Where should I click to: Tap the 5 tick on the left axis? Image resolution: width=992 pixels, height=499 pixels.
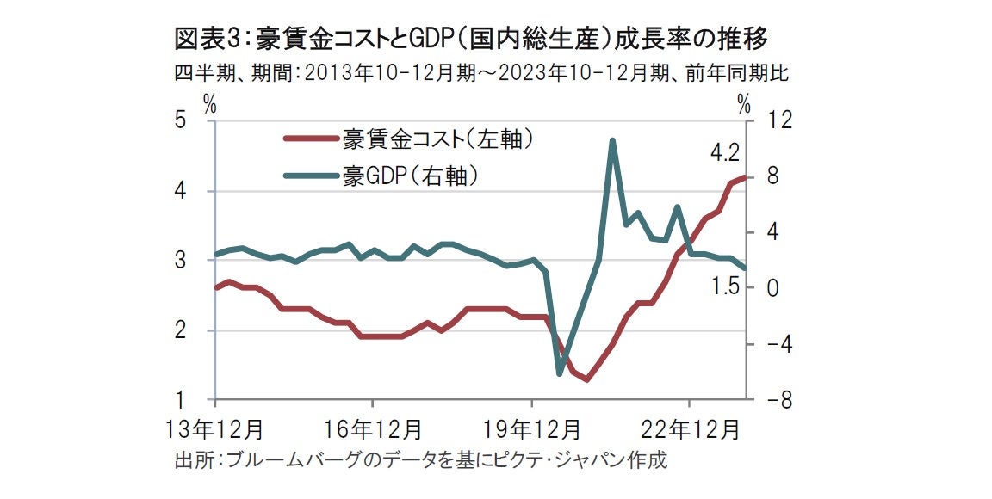pos(181,121)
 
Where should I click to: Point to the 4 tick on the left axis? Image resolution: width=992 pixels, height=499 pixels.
pos(181,191)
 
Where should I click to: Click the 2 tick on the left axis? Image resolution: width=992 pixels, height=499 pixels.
pos(181,331)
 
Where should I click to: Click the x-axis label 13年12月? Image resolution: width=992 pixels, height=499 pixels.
pos(214,428)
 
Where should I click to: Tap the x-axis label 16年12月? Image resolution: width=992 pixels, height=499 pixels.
pos(372,428)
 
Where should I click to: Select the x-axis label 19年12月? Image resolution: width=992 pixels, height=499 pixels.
pos(531,428)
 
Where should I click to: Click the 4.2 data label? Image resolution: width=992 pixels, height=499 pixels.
pos(725,154)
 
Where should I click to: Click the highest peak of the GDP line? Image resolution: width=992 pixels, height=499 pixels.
pos(611,140)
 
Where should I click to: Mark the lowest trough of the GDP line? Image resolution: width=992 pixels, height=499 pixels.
pos(560,373)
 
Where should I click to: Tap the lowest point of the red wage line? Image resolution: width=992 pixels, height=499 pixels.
pos(587,379)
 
